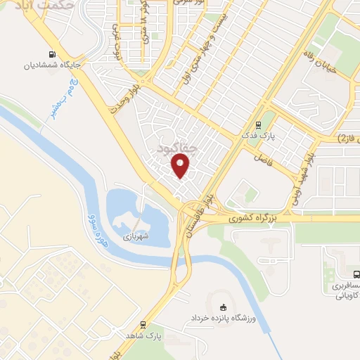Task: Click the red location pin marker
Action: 181,166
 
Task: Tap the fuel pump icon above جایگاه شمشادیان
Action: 51,55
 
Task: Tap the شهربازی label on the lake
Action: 137,236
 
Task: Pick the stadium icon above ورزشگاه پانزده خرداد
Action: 224,306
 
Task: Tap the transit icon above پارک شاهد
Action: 143,324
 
